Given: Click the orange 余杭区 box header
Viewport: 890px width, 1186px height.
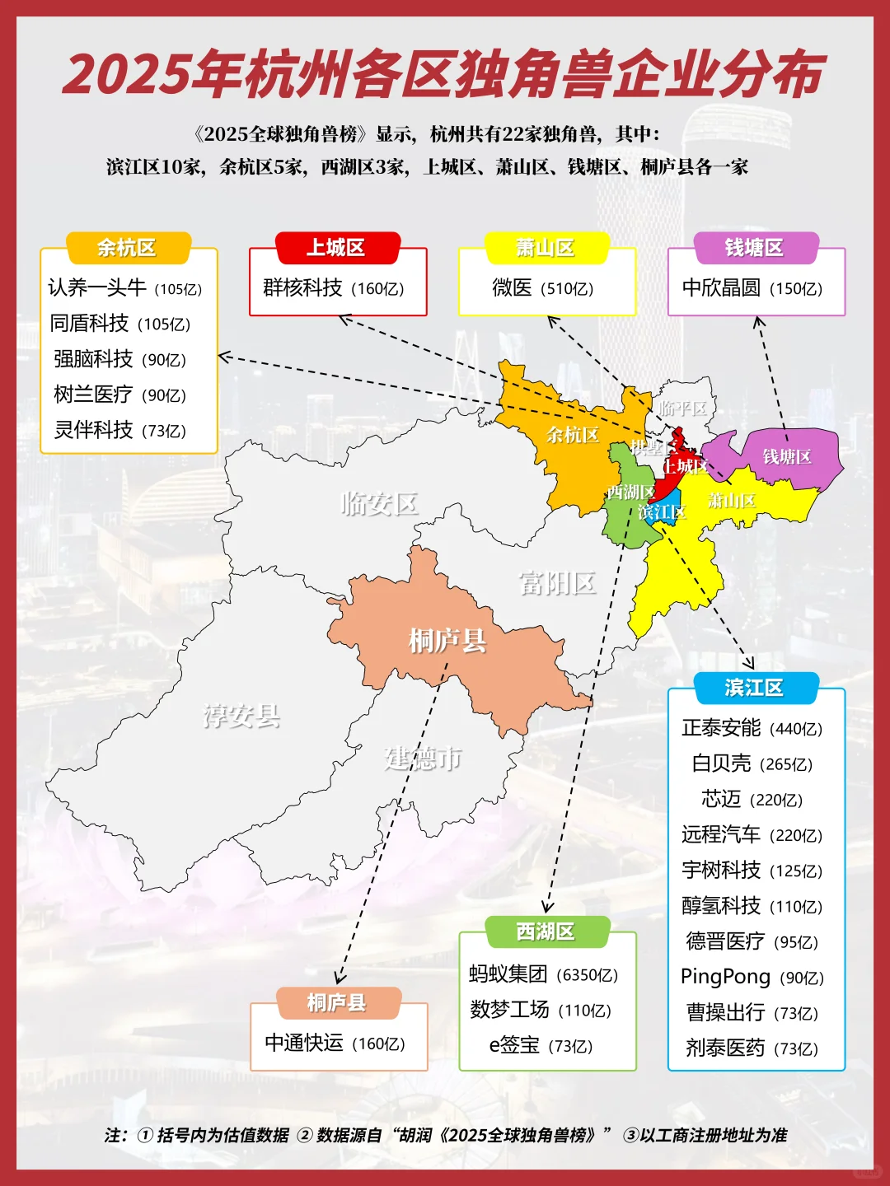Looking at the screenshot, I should tap(127, 248).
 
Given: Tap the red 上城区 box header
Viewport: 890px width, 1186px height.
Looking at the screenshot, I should tap(336, 248).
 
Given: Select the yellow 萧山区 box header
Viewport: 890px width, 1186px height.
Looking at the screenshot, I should tap(546, 248).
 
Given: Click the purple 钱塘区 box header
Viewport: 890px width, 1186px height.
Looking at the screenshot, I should tap(755, 248).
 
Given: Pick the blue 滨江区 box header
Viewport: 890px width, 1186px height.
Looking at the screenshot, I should tap(755, 688).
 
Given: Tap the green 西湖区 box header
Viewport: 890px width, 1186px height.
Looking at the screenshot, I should tap(546, 932).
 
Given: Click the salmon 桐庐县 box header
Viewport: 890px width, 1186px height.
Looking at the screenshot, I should tap(336, 1002).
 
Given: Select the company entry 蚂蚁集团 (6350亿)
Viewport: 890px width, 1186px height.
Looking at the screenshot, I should tap(544, 974).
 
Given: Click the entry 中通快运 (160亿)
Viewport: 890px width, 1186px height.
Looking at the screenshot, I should tap(335, 1043).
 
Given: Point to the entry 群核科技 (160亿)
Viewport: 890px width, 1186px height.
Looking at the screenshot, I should tap(334, 287).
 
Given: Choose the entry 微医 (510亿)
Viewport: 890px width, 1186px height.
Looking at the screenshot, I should tap(543, 287).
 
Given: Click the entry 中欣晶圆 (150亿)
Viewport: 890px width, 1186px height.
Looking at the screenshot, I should tap(752, 287).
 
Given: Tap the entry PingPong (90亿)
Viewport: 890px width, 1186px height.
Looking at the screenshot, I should tap(752, 977).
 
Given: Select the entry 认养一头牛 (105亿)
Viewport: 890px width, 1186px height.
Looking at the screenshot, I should tap(125, 287).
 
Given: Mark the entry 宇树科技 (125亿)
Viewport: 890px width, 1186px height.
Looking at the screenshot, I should tap(752, 871).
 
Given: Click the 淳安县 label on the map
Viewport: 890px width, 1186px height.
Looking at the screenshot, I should tap(242, 716).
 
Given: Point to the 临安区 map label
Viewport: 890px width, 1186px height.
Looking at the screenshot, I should tap(380, 502).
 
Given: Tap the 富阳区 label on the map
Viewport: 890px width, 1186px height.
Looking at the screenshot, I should tap(557, 583).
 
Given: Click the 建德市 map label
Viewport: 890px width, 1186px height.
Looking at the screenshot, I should tap(423, 758).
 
